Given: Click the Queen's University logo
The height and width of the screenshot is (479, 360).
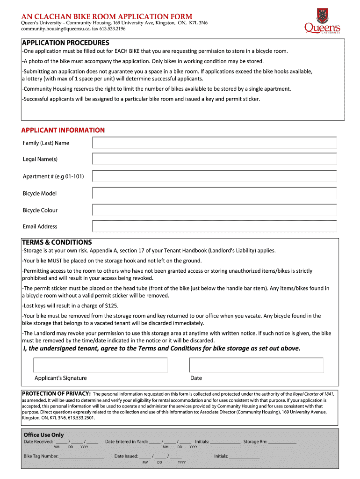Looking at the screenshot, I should click(x=322, y=21).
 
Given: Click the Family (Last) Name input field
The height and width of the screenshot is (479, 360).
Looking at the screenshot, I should click(x=215, y=143).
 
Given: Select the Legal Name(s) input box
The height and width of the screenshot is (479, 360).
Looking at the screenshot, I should click(x=215, y=159).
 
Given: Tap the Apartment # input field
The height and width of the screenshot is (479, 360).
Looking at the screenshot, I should click(x=215, y=176).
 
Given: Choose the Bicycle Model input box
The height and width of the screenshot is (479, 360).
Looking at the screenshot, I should click(x=215, y=193).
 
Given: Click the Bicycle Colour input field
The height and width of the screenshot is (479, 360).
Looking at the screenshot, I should click(x=215, y=210).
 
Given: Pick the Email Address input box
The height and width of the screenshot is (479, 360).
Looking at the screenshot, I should click(x=215, y=226).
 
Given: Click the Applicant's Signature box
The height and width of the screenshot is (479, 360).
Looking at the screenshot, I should click(x=101, y=365).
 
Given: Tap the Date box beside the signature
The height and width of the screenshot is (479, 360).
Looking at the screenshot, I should click(x=256, y=365).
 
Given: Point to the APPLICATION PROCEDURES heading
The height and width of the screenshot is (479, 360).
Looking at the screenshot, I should click(x=65, y=43).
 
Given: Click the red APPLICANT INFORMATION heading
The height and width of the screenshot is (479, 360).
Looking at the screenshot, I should click(x=63, y=130).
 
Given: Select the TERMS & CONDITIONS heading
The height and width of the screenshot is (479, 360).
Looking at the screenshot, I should click(x=57, y=242).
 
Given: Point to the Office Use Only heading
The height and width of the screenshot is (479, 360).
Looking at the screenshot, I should click(x=43, y=435).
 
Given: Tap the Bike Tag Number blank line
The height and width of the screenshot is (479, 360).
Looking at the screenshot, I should click(x=81, y=456).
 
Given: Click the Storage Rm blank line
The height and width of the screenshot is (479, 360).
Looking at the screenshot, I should click(x=282, y=442).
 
